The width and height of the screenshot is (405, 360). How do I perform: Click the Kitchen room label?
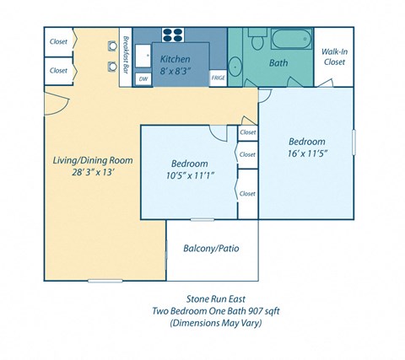[x=175, y=60]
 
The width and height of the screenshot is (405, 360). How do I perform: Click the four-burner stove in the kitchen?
[x=173, y=35]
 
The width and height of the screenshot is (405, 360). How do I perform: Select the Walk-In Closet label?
[x=334, y=56]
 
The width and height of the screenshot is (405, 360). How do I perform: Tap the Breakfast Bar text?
[x=124, y=54]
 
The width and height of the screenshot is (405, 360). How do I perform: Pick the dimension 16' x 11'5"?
[x=307, y=153]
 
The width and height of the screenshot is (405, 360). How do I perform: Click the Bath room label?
[x=278, y=62]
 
